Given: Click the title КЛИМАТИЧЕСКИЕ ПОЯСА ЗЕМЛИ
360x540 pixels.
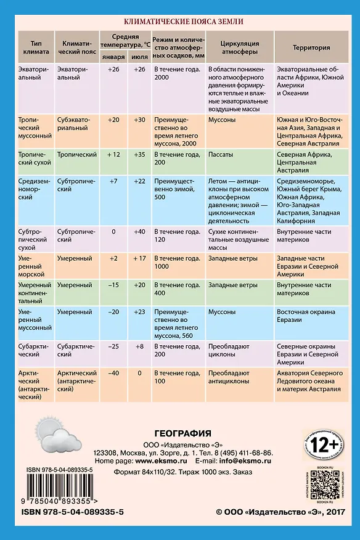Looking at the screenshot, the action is tap(183, 22).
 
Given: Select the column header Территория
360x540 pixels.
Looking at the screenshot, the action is tap(311, 47).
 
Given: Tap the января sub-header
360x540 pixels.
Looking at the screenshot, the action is tap(113, 57).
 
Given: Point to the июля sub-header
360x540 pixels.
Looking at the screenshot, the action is tap(139, 57).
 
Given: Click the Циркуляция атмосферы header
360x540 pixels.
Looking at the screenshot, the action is tap(239, 47).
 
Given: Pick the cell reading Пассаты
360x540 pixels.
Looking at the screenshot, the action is tap(221, 155).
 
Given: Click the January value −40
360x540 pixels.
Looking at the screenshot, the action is tap(113, 373).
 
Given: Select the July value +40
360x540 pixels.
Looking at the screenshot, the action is tap(139, 232).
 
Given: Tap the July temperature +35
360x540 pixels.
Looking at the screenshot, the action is tap(139, 155).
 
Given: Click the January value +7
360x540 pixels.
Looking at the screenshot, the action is tap(113, 181).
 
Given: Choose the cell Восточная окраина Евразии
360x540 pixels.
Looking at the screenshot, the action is tap(306, 316).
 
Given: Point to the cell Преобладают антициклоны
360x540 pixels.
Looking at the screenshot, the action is tap(229, 377).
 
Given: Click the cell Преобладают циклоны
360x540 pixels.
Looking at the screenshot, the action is tap(229, 350).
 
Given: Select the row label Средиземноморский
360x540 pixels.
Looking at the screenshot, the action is tap(35, 189).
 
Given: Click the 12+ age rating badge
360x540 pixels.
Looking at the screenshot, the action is tap(324, 445).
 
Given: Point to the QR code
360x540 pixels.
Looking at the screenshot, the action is tap(325, 485).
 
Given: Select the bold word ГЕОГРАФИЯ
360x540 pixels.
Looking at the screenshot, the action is tap(183, 433).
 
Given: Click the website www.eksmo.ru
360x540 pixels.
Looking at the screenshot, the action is tap(161, 461).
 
